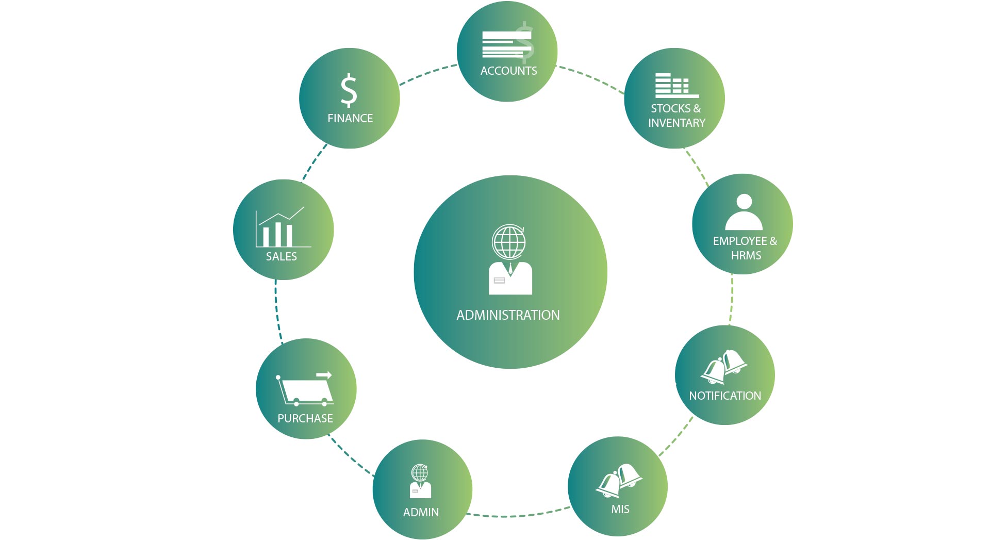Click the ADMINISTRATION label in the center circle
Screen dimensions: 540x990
pos(508,315)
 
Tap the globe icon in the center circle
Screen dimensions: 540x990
pos(509,242)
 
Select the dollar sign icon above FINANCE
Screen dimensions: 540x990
pos(349,90)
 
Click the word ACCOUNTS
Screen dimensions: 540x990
pos(508,71)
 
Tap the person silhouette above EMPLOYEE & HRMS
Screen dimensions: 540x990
pos(744,212)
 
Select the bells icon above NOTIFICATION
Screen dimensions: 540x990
pos(724,367)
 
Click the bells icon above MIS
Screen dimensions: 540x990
pos(619,480)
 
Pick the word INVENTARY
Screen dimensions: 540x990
pos(676,123)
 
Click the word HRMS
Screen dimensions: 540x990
pos(746,256)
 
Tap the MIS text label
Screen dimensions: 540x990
pos(620,510)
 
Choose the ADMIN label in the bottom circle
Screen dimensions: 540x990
pos(421,513)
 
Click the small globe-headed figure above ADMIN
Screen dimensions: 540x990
pos(420,481)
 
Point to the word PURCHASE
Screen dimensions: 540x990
pos(305,419)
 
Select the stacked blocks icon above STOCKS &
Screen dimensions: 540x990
pos(676,86)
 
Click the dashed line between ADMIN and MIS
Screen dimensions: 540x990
pos(518,516)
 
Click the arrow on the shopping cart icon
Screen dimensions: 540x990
pos(324,375)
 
